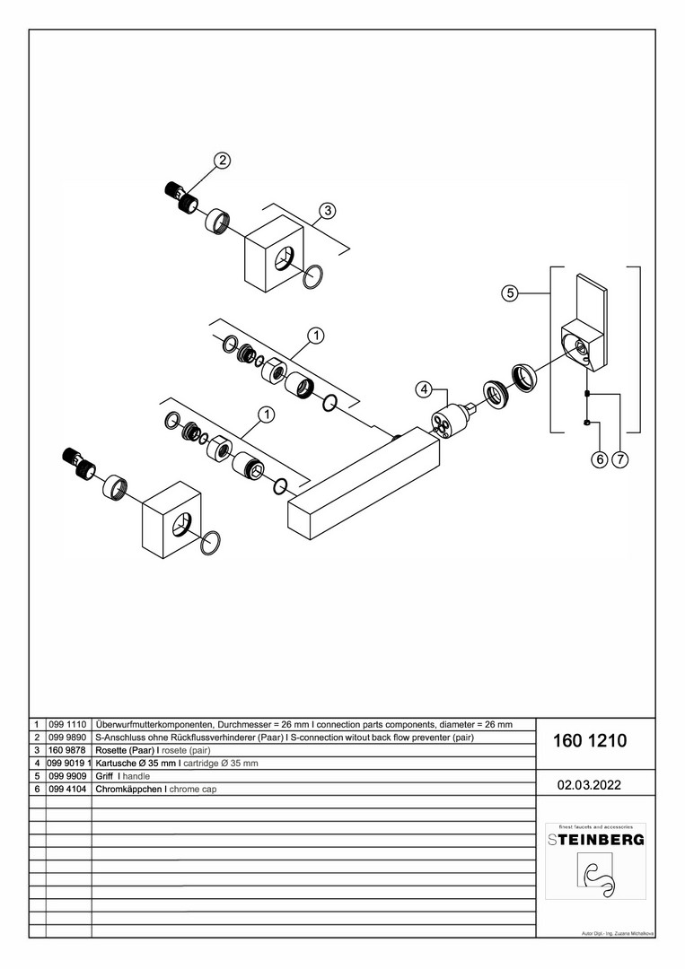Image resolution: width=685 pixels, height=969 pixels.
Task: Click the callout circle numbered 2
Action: click(x=222, y=161)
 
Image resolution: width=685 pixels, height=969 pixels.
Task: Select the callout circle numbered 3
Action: click(x=328, y=210)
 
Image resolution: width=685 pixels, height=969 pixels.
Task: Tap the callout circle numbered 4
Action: click(x=425, y=389)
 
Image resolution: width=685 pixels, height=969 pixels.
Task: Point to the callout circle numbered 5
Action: click(x=509, y=292)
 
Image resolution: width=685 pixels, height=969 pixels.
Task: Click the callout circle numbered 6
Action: click(x=599, y=459)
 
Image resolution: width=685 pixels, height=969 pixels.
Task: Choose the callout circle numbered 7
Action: click(x=620, y=459)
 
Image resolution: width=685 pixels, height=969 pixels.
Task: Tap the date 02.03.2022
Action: click(x=590, y=784)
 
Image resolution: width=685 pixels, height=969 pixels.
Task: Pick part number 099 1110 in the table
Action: click(x=68, y=724)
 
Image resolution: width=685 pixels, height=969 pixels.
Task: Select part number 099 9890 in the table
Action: click(x=68, y=738)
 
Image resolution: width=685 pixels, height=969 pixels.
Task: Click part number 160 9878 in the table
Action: click(x=68, y=750)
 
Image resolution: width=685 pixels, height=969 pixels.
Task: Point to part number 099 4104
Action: click(x=68, y=790)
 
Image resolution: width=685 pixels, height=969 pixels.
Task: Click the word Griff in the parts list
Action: click(x=104, y=776)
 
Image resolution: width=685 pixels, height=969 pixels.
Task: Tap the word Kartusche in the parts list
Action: click(x=117, y=764)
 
